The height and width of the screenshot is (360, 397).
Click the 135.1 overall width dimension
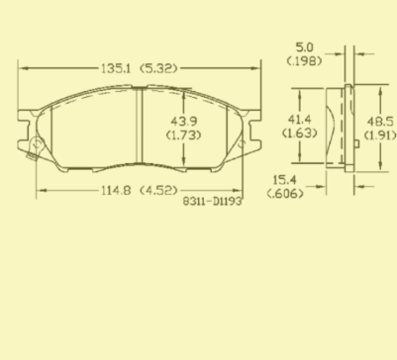[116, 68]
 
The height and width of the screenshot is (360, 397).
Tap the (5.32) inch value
[158, 68]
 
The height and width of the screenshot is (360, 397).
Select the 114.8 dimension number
[116, 191]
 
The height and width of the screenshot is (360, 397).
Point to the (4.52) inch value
[158, 191]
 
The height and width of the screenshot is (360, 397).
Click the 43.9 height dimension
[184, 122]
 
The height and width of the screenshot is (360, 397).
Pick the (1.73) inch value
[183, 135]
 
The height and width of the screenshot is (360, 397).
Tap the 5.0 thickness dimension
[304, 47]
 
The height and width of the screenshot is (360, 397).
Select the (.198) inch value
[304, 61]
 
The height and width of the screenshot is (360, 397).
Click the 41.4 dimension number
[300, 119]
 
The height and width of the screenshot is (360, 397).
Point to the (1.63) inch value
[300, 134]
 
